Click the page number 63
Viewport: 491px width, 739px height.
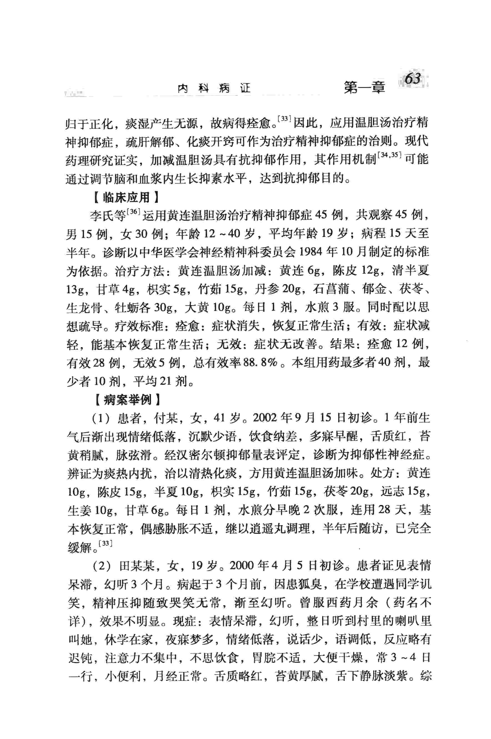coord(412,79)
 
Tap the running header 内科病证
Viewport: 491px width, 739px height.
coord(214,89)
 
